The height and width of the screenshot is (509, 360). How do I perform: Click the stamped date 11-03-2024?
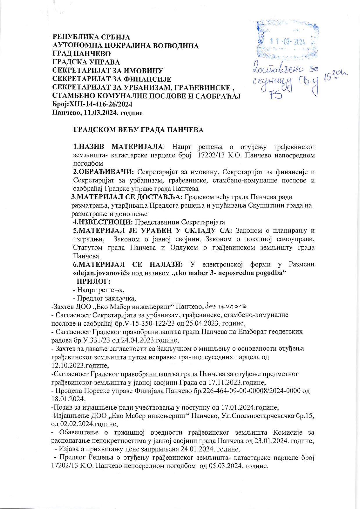click(287, 42)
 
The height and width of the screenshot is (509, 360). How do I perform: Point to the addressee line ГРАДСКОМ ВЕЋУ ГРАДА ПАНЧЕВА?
click(138, 130)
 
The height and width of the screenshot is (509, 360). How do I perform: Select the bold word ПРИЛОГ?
click(93, 281)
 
